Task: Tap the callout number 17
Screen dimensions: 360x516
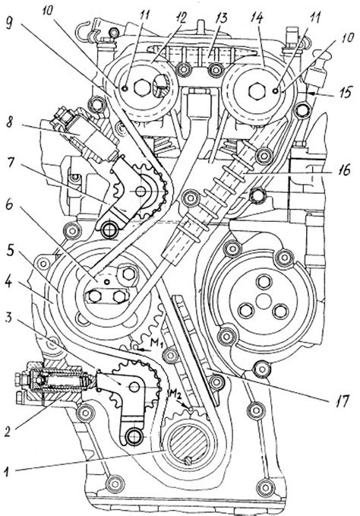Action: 342,400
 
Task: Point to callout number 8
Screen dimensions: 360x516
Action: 9,124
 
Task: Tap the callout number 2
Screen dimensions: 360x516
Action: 8,432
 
